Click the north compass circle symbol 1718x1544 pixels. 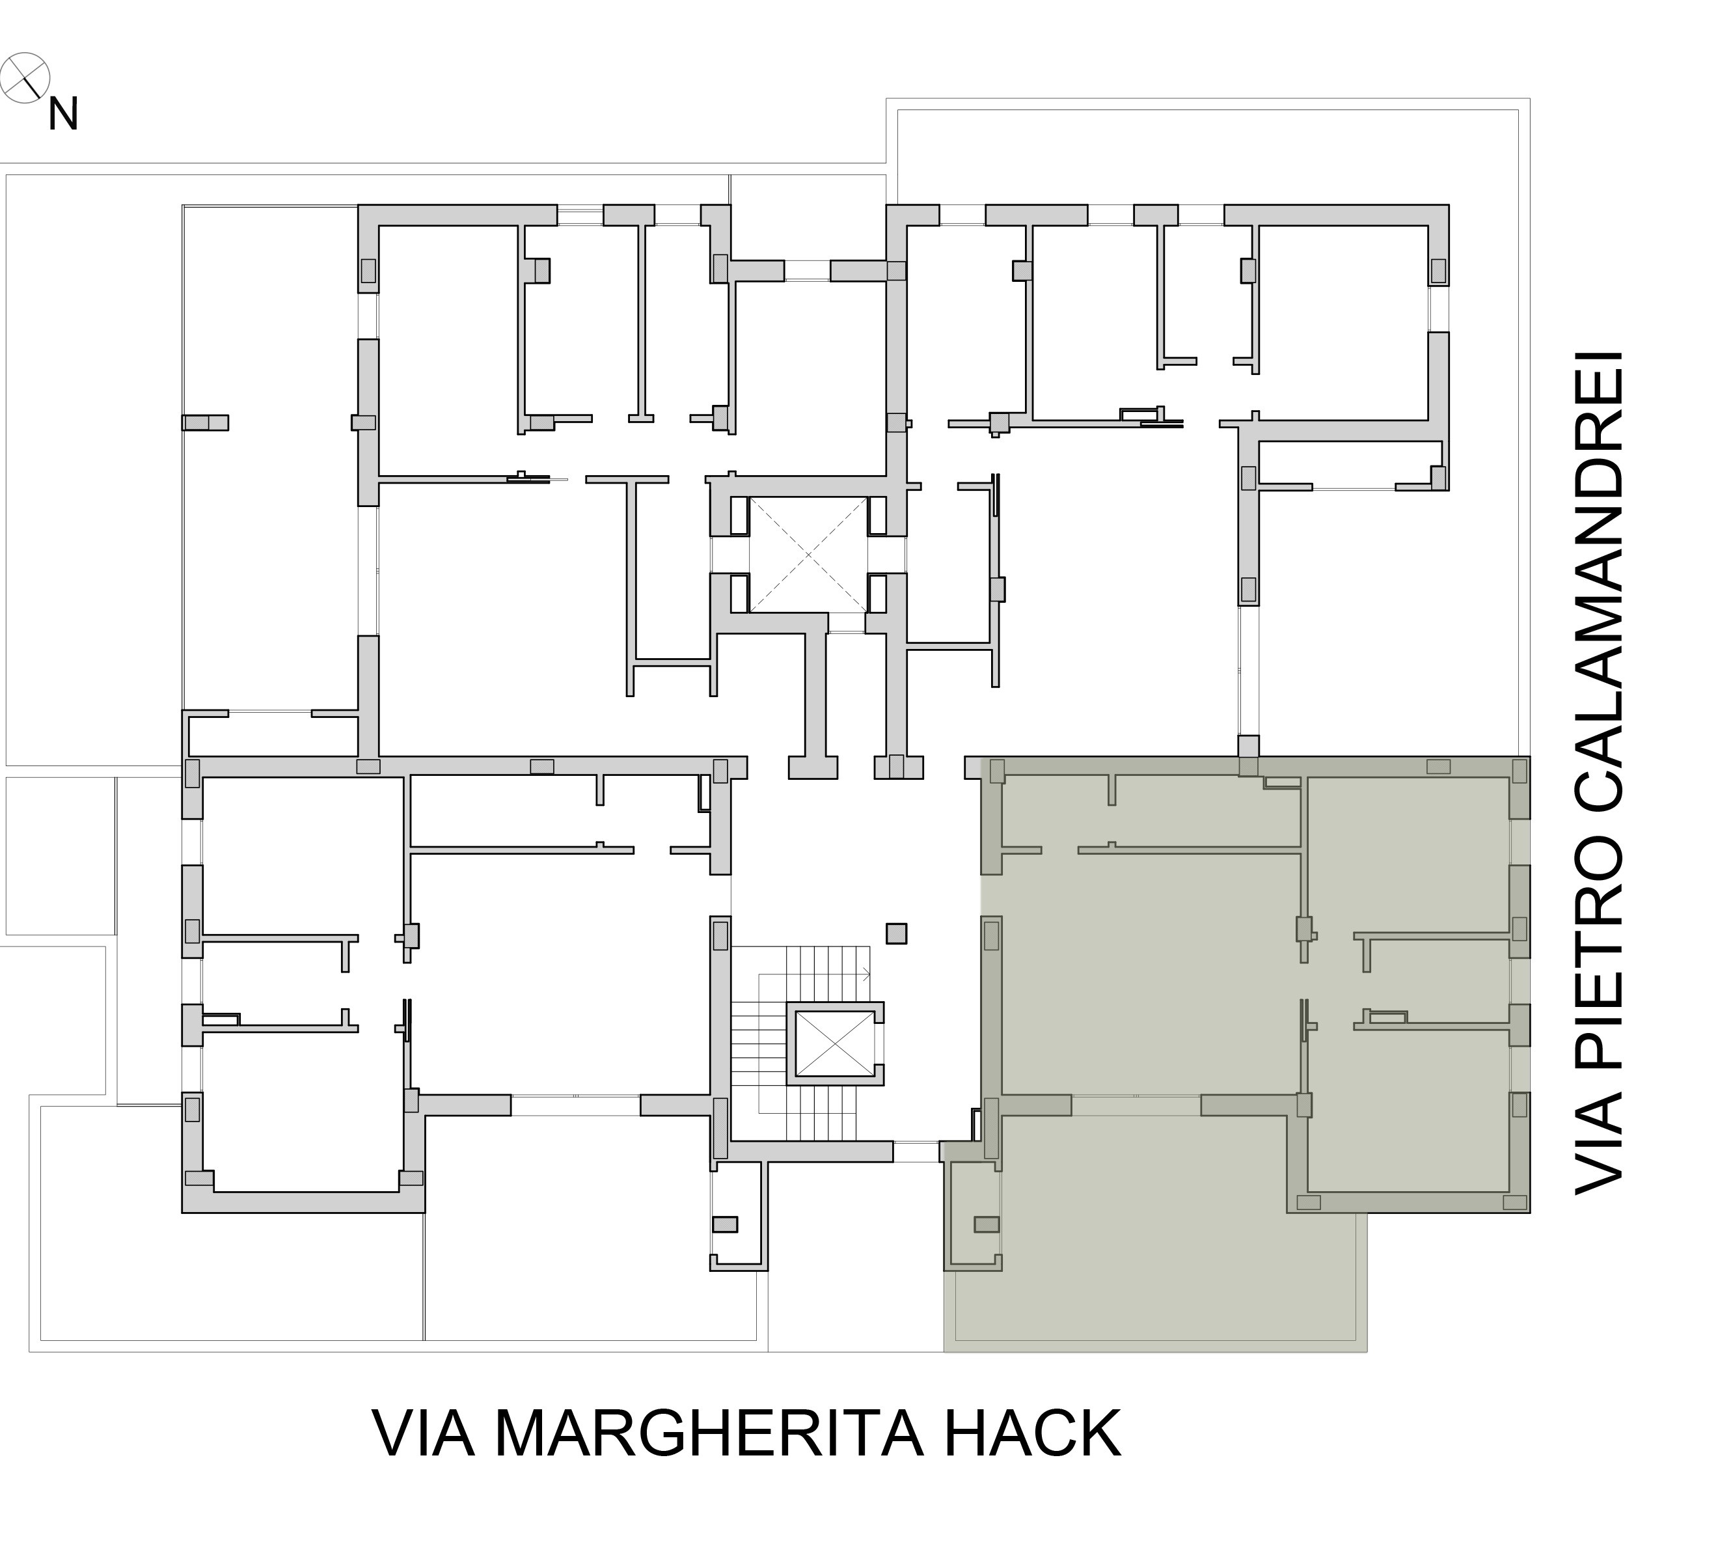point(25,78)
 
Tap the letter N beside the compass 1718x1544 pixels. point(62,115)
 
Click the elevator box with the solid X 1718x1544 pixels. point(836,1043)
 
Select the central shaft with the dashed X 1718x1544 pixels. point(809,555)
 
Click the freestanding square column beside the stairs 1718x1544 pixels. point(896,933)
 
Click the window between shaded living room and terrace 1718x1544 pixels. point(1136,1105)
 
